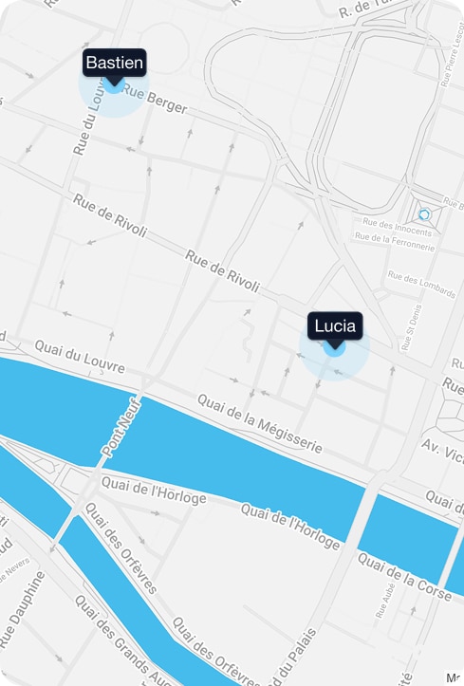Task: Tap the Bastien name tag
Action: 114,63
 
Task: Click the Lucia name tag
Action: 334,326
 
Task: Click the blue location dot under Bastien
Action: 114,84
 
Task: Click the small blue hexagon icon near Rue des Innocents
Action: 424,214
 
